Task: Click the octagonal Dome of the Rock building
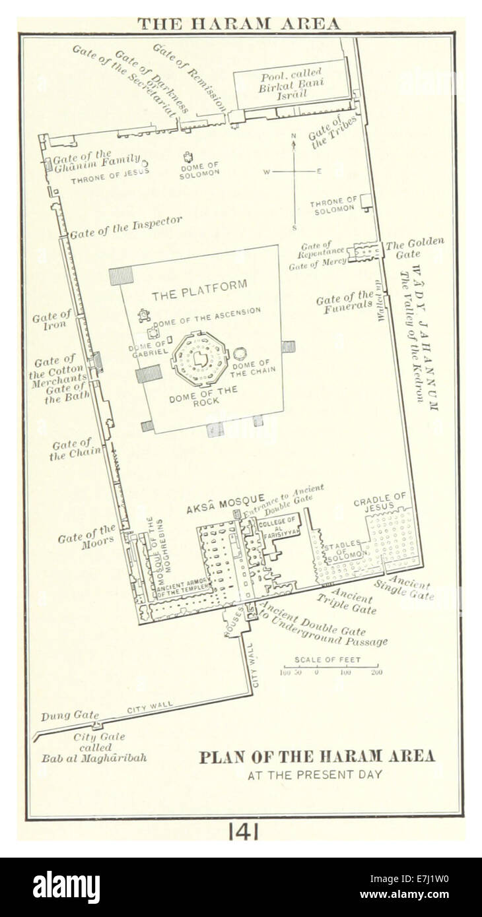coord(199,359)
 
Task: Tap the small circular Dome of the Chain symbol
coord(240,354)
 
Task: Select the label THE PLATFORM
coord(199,290)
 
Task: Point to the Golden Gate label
coord(414,248)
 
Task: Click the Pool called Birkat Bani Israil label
coord(290,83)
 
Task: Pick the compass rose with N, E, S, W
coord(294,172)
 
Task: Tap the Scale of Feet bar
coord(331,667)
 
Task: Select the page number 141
coord(243,832)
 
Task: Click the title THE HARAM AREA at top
coord(238,24)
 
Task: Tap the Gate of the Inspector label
coord(126,227)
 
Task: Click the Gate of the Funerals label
coord(345,301)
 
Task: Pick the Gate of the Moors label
coord(86,537)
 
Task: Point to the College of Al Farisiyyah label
coord(278,528)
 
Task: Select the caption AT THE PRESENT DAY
coord(315,775)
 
